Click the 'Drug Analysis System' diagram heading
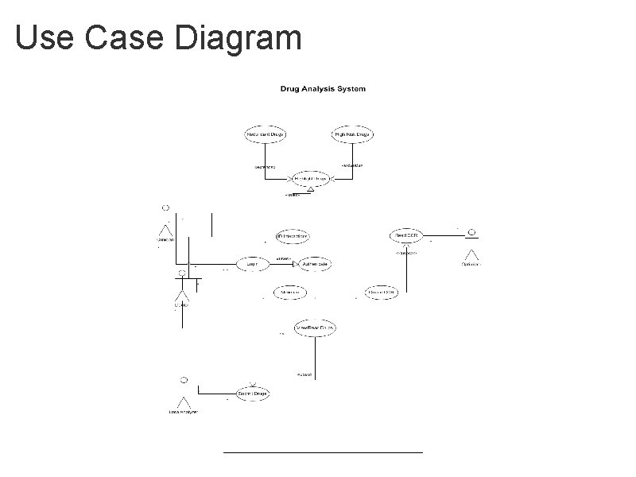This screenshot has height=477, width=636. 323,89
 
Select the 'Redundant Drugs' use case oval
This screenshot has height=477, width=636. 266,135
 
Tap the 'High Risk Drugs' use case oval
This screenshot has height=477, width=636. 351,135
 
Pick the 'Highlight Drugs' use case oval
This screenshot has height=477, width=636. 312,179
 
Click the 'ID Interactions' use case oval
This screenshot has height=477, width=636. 292,236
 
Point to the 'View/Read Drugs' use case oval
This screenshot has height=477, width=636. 315,327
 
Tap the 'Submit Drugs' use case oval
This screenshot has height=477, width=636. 254,393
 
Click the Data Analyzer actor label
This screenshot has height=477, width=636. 183,412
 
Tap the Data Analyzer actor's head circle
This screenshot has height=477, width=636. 184,377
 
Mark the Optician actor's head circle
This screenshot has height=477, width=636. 471,232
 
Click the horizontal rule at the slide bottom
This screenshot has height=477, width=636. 323,452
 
